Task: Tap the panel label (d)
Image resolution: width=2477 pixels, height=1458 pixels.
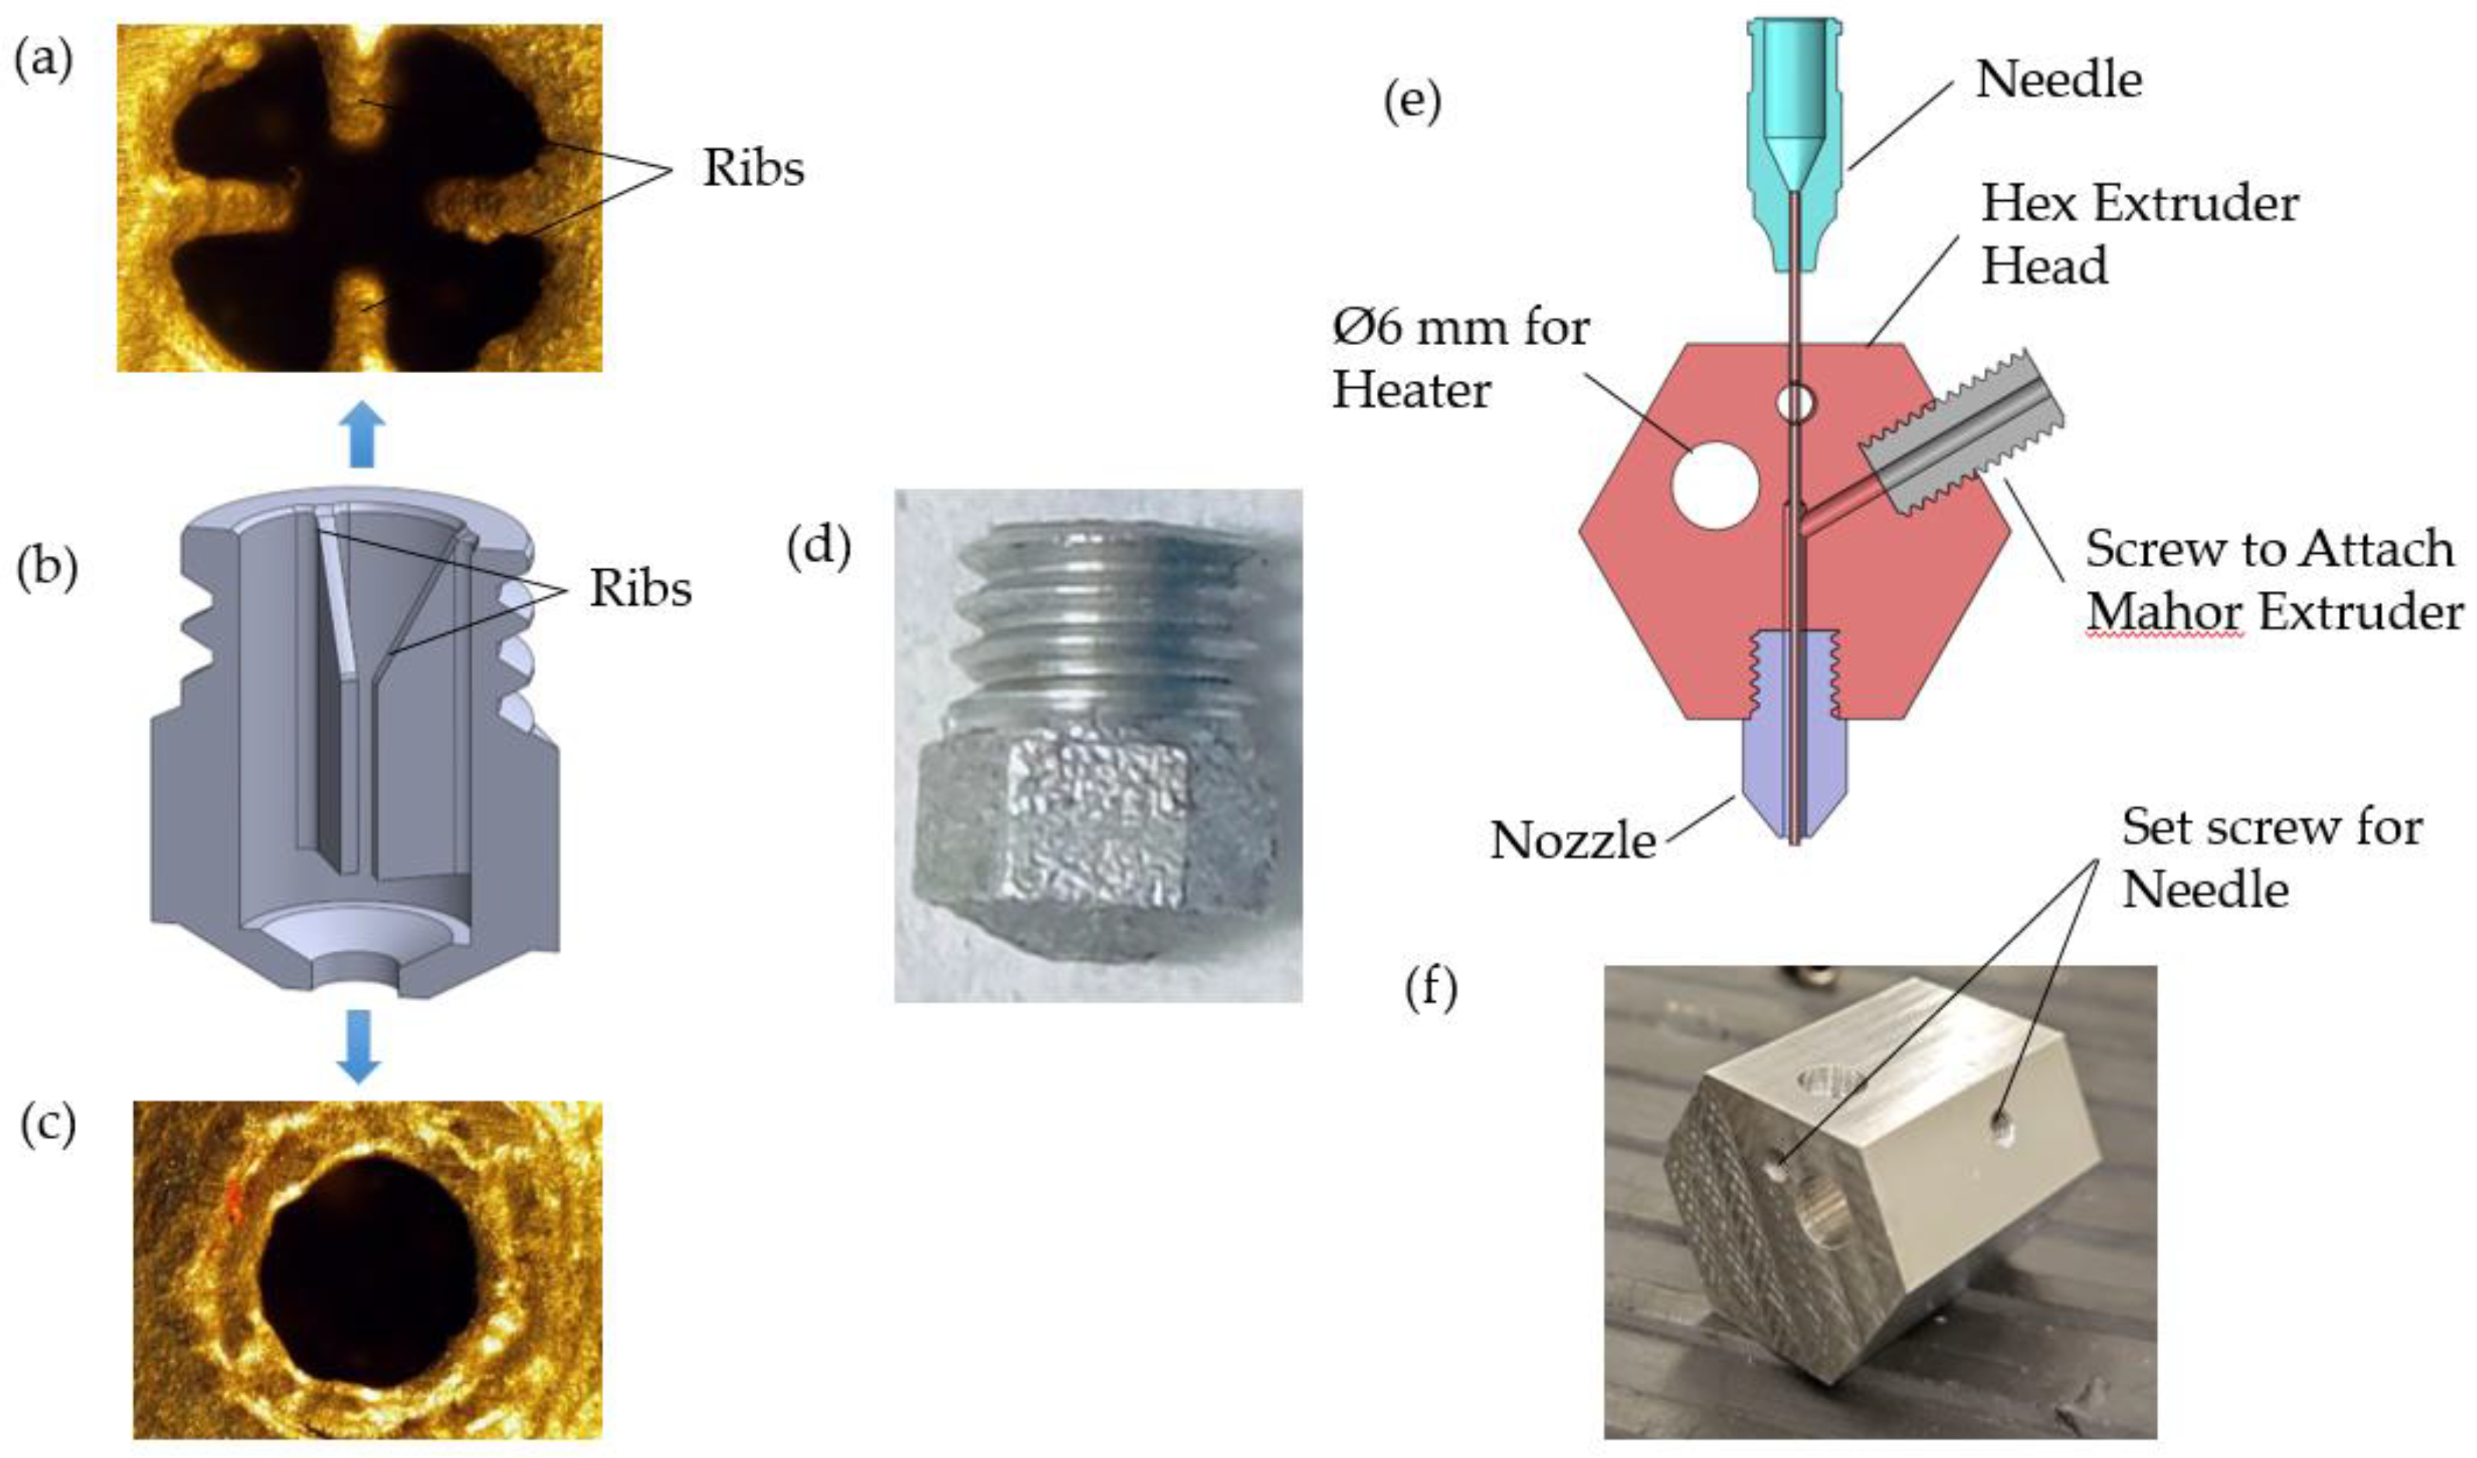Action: [819, 547]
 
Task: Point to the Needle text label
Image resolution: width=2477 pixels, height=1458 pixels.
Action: [2058, 80]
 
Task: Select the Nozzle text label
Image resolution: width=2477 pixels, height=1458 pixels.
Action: [1573, 841]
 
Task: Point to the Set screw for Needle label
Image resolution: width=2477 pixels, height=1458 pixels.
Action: [2271, 857]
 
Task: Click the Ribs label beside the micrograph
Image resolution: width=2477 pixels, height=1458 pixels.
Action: [753, 169]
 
